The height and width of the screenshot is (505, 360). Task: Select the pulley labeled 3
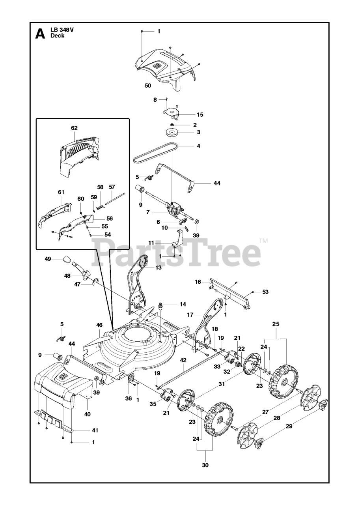tap(172, 132)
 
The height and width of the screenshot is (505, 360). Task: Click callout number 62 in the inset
tap(74, 128)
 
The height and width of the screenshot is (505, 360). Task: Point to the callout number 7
tap(148, 212)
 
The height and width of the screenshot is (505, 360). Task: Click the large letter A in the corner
tap(40, 34)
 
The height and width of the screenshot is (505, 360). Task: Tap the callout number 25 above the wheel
tap(275, 324)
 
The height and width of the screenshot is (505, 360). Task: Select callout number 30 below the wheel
tap(205, 465)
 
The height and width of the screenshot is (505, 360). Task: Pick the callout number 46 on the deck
tap(99, 325)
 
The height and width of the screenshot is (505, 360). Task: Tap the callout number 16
tap(198, 282)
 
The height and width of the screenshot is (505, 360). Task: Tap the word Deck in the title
tap(57, 36)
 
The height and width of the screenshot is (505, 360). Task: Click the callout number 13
tap(158, 267)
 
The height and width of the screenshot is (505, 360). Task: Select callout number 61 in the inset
tap(61, 192)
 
